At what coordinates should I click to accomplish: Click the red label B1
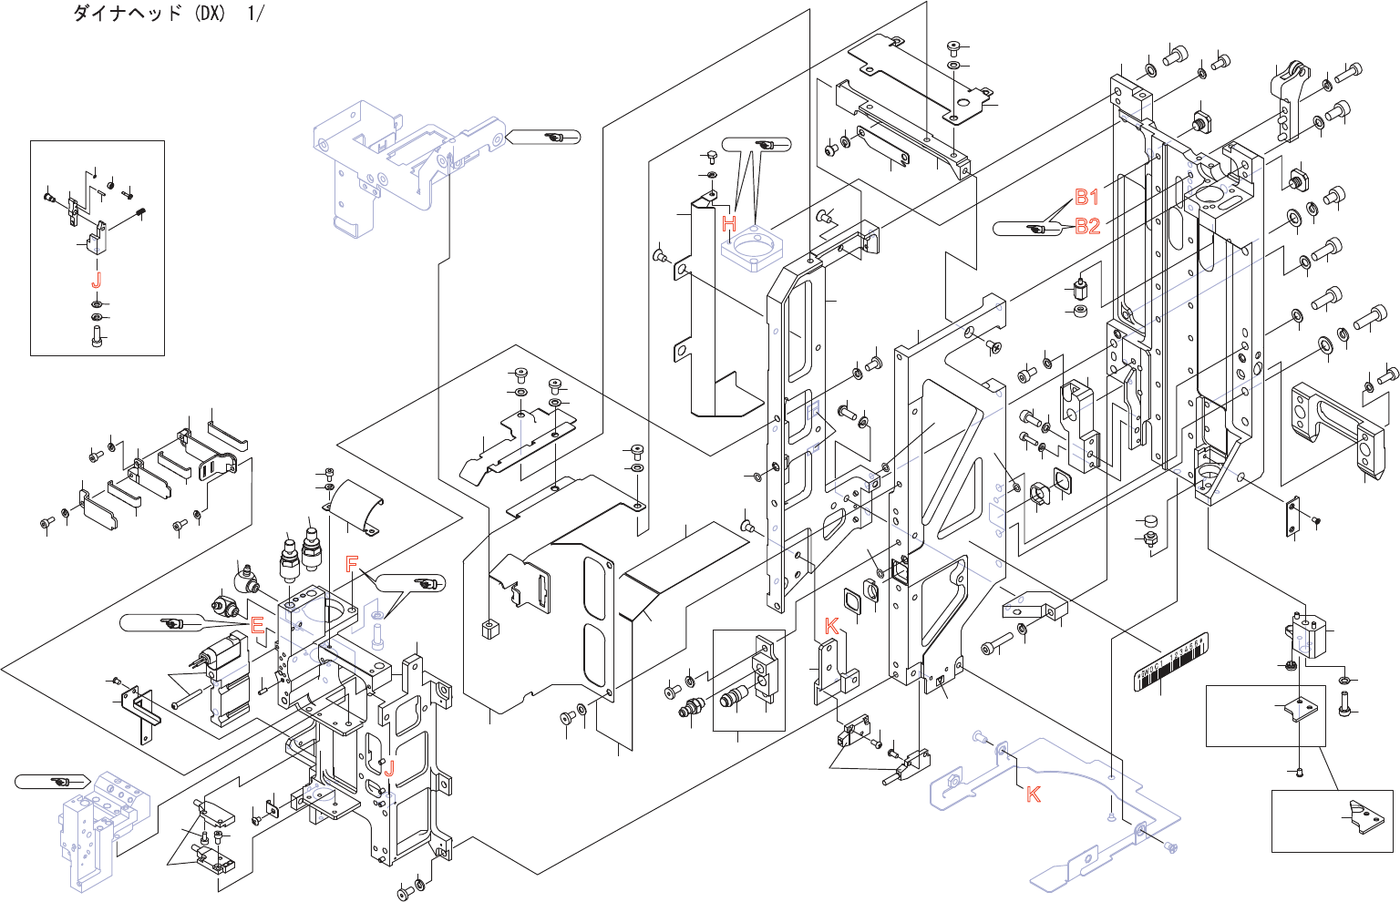1086,198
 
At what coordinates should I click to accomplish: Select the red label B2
1087,226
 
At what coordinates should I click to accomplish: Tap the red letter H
729,223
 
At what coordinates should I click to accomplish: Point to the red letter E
257,625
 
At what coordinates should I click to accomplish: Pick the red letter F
351,565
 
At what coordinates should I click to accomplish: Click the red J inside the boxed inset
97,281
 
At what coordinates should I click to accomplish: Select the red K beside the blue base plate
1033,794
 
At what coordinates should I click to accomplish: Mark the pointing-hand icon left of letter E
170,623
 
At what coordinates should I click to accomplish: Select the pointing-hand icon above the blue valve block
61,782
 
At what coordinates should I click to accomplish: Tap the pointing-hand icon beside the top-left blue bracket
554,137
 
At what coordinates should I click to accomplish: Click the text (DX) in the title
210,14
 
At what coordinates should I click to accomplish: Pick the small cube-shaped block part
490,629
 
